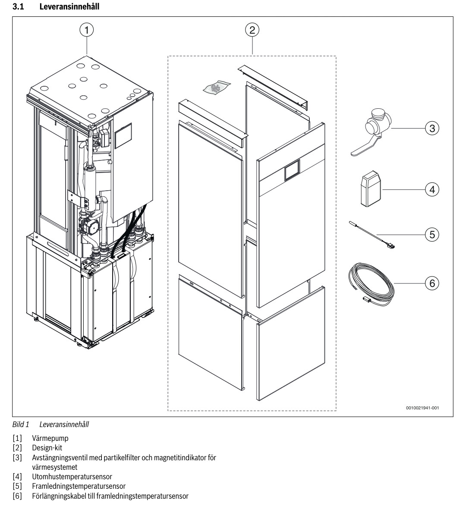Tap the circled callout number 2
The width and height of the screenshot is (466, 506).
[x=252, y=30]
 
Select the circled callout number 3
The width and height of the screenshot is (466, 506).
[x=431, y=128]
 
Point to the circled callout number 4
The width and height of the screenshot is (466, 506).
[x=431, y=189]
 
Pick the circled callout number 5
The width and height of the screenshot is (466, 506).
[x=431, y=234]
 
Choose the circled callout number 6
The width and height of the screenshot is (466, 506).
[x=431, y=283]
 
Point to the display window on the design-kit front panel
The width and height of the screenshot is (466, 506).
[x=292, y=172]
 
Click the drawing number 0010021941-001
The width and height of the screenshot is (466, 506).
[x=423, y=407]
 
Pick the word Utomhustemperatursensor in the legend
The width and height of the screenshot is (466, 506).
[x=72, y=477]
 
